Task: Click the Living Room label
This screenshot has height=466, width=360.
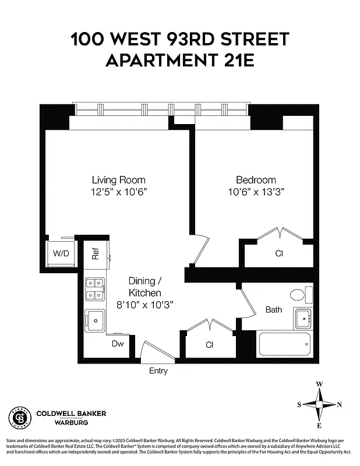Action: (x=119, y=179)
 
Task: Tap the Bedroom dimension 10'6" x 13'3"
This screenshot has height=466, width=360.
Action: (x=256, y=192)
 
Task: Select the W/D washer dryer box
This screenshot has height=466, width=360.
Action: (x=61, y=253)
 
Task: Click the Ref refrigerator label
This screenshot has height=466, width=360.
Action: (x=96, y=253)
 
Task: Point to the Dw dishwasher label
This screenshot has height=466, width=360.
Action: (x=118, y=344)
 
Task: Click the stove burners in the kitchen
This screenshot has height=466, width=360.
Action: (x=95, y=289)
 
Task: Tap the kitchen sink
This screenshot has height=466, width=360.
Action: (x=94, y=319)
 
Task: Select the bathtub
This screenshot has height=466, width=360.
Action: (x=285, y=344)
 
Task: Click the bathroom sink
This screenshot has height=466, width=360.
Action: (x=303, y=319)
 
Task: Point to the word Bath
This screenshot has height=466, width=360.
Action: (x=274, y=309)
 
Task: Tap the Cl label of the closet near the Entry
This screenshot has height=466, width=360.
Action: (x=210, y=345)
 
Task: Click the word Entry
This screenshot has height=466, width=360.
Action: (x=158, y=371)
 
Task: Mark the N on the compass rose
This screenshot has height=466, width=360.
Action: (x=340, y=405)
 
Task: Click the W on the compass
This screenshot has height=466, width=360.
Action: (x=319, y=384)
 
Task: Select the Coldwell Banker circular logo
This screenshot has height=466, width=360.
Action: (x=19, y=417)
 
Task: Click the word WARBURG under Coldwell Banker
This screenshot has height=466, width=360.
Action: (x=72, y=422)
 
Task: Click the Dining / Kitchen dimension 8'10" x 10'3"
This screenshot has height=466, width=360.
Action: (x=145, y=304)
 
